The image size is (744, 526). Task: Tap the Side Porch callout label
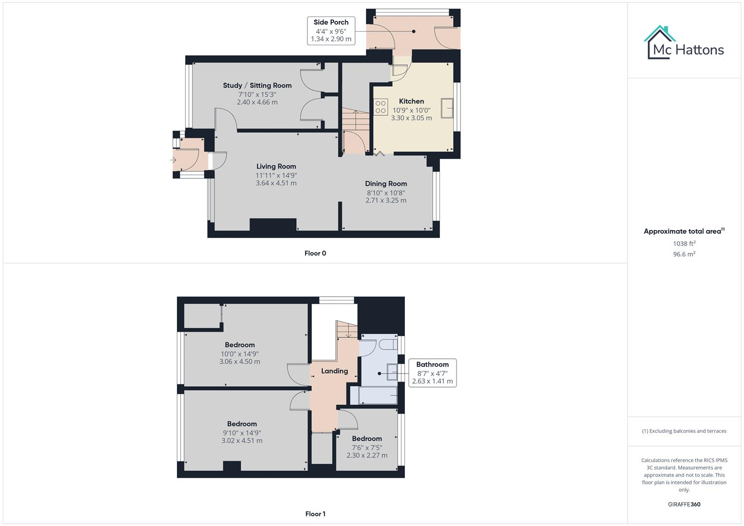(x=331, y=31)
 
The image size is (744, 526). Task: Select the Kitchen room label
(x=411, y=101)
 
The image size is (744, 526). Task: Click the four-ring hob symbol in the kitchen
(x=381, y=107)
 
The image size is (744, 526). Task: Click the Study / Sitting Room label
(x=257, y=85)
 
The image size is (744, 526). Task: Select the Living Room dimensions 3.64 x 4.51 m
(x=276, y=183)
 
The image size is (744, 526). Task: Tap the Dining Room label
(x=386, y=184)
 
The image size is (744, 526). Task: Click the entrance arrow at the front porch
(x=173, y=160)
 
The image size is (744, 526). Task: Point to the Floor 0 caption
(x=315, y=253)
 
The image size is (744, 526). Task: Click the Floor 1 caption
(x=315, y=514)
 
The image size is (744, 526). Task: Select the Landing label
(x=334, y=371)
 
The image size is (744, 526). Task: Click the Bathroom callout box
(x=432, y=373)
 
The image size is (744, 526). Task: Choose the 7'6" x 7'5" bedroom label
(x=367, y=438)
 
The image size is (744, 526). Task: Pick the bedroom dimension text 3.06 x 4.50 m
(x=239, y=362)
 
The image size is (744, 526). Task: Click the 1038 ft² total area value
(x=684, y=244)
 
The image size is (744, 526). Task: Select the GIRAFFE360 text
(x=684, y=504)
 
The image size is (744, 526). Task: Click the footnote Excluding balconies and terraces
(x=684, y=431)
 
